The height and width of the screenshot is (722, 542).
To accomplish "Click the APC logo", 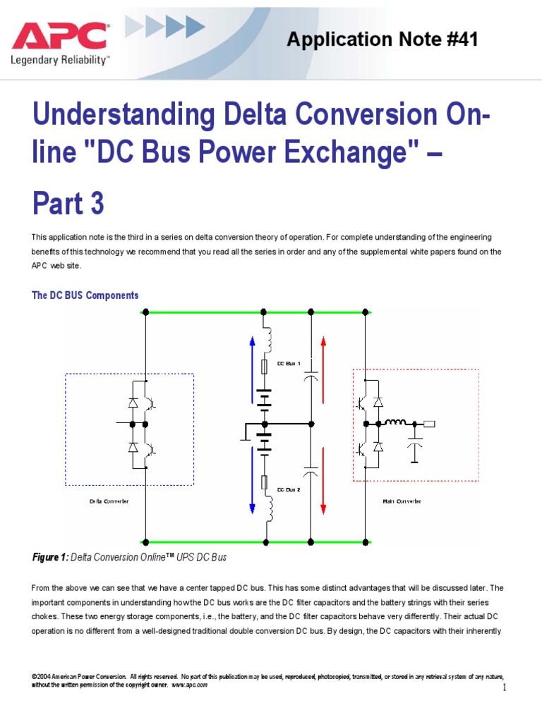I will point(59,36).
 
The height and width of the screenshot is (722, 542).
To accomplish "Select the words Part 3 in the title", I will point(68,204).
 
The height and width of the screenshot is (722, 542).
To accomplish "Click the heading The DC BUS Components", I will point(85,295).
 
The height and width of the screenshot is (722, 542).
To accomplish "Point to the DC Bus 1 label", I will point(289,364).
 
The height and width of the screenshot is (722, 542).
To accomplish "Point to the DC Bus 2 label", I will point(289,489).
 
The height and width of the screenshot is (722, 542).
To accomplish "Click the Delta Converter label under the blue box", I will point(109,501).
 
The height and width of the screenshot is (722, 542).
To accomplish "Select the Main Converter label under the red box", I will point(402,501).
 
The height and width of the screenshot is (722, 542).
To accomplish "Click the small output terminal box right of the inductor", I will point(428,424).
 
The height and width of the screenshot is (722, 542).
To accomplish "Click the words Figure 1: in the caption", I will point(50,557).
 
